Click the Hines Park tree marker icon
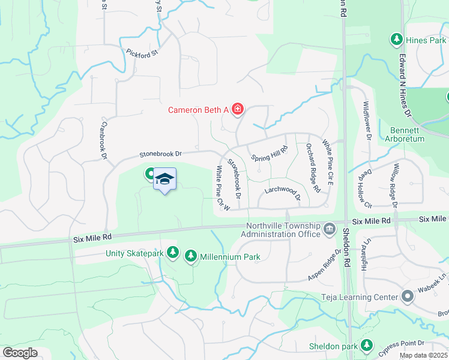[396, 40]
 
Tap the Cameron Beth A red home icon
[238, 109]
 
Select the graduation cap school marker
[164, 179]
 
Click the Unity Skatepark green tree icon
[173, 253]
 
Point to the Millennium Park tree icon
[191, 256]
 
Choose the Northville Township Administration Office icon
[330, 229]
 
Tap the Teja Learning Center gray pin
[408, 296]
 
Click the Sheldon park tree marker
[366, 346]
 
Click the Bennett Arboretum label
[408, 135]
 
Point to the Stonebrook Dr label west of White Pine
[160, 154]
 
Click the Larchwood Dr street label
[282, 191]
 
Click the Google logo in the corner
[20, 353]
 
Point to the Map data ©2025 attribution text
[423, 355]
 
